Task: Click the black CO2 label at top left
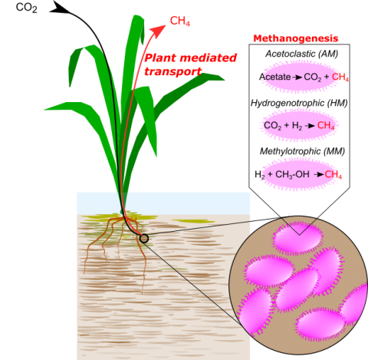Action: click(27, 8)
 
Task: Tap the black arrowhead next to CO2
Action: click(59, 8)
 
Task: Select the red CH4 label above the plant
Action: click(180, 21)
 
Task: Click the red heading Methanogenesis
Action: click(296, 38)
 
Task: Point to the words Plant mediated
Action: click(191, 58)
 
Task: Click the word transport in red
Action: click(173, 71)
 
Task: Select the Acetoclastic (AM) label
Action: click(302, 54)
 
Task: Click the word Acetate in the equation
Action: click(274, 77)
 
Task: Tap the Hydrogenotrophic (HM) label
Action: click(299, 103)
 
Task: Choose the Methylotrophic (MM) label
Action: click(302, 151)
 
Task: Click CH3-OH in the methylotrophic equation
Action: click(292, 174)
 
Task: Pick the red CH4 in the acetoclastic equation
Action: click(340, 77)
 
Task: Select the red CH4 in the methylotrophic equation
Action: click(333, 174)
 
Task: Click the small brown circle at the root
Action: click(144, 239)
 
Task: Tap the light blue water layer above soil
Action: click(163, 203)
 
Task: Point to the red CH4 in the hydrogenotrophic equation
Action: click(326, 126)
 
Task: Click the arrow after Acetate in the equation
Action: click(297, 77)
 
